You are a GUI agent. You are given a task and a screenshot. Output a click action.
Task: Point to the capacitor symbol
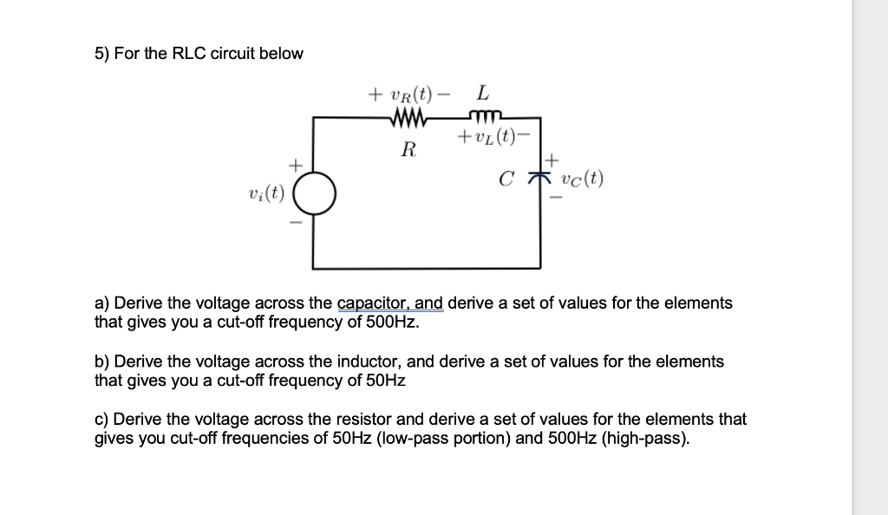[x=545, y=179]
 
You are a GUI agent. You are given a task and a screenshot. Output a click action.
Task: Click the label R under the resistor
[x=408, y=149]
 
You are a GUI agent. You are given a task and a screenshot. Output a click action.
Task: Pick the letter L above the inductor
[x=482, y=92]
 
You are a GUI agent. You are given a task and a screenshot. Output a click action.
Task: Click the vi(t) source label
[x=266, y=192]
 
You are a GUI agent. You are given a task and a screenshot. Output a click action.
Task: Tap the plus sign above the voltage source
[x=296, y=163]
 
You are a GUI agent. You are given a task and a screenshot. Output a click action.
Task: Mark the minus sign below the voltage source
[x=296, y=224]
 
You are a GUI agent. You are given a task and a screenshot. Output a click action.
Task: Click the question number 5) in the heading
[x=102, y=54]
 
